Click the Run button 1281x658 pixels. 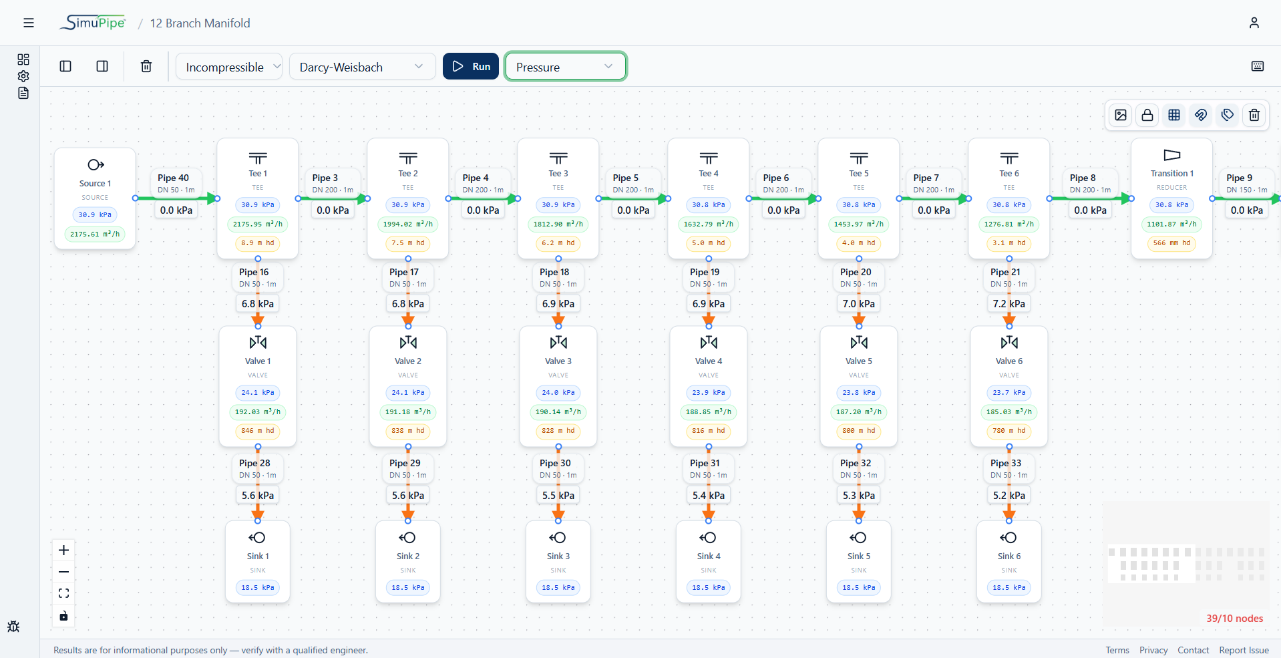pos(471,66)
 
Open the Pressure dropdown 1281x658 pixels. pos(565,66)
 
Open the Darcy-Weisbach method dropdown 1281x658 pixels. pos(362,66)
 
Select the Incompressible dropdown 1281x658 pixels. pos(229,66)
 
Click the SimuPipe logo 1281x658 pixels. pos(93,23)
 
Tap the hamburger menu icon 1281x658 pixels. pos(29,23)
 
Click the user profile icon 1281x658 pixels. pos(1254,23)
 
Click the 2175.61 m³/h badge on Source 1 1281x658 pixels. pos(95,234)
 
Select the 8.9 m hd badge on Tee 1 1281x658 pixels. pos(258,242)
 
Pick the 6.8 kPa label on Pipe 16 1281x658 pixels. pos(258,303)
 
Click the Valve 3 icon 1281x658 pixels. pos(558,343)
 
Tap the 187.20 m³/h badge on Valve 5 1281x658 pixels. pos(859,412)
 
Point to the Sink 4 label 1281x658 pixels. pos(709,556)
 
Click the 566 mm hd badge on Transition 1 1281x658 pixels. pos(1172,242)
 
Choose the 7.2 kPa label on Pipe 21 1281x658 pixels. pos(1009,303)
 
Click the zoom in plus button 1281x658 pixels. pos(63,550)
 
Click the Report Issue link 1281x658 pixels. pos(1244,650)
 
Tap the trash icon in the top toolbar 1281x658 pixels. pos(146,66)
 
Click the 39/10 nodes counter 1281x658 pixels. pos(1234,619)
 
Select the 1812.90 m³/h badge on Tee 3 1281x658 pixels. pos(558,224)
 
